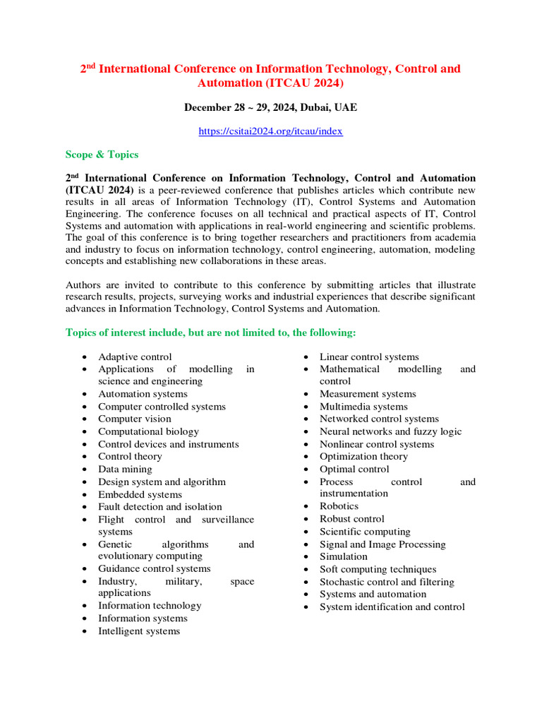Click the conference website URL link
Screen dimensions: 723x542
point(271,131)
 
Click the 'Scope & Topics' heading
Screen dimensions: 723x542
point(102,155)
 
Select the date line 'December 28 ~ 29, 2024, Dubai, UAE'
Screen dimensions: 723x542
point(271,107)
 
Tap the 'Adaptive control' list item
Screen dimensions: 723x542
point(135,357)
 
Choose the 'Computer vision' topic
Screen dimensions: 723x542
point(135,419)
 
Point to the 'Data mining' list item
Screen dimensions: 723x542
point(124,469)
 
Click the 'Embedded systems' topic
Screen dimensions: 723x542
point(140,494)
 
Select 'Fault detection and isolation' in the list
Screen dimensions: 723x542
point(160,506)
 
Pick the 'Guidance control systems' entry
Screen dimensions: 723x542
point(154,568)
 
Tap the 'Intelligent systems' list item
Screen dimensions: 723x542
point(139,631)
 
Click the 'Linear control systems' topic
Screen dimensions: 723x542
point(369,357)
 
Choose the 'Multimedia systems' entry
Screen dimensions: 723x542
point(363,407)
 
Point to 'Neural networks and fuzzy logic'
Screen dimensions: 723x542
point(391,431)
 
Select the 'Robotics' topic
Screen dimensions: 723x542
point(339,506)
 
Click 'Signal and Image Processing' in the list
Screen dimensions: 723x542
point(383,544)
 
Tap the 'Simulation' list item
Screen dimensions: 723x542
point(344,556)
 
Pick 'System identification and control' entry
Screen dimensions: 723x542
point(392,607)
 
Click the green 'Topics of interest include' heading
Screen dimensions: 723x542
point(211,333)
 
